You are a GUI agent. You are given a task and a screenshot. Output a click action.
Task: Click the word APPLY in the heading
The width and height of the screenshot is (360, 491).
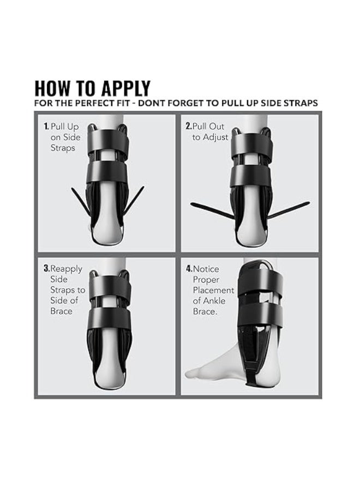127,88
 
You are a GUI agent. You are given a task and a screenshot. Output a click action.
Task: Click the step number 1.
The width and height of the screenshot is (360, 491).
46,127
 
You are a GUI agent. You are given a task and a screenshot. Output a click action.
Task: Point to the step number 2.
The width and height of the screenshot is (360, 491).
188,126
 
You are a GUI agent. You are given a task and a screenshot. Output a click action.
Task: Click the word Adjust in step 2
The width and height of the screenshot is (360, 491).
215,137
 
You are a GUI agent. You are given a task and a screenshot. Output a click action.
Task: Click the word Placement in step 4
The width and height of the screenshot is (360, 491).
213,290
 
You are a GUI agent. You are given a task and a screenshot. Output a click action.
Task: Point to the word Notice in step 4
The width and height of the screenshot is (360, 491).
206,268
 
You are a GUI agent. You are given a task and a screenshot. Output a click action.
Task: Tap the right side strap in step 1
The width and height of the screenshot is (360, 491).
134,201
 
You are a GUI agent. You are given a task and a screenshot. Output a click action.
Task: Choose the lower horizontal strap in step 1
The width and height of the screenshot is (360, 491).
107,172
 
